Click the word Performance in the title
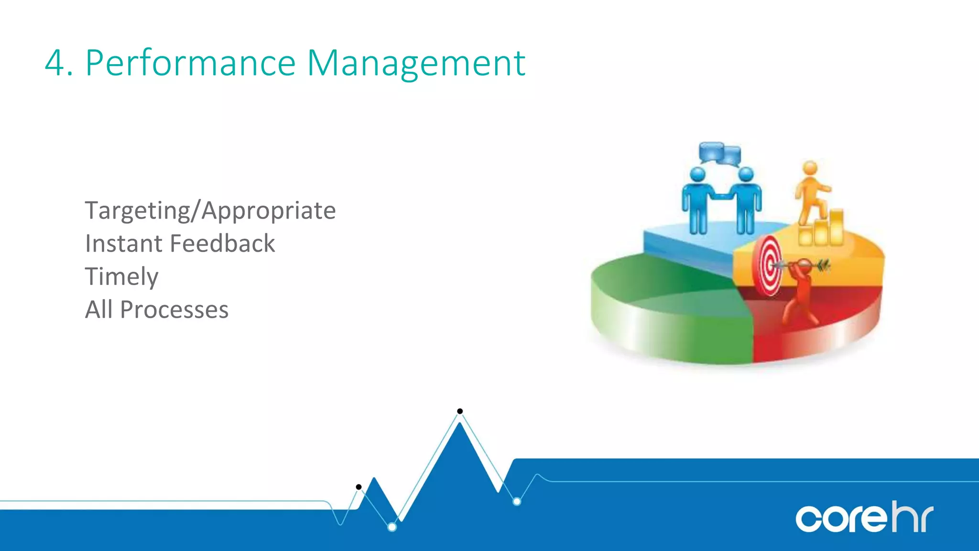click(x=190, y=63)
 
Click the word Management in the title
click(x=415, y=63)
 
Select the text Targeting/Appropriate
click(x=210, y=211)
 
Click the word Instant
click(x=123, y=243)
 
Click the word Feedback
click(x=222, y=243)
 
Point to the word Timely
click(x=121, y=277)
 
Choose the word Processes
click(x=174, y=309)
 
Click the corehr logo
click(x=864, y=518)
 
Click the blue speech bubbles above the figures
click(x=719, y=154)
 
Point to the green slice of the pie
click(x=669, y=306)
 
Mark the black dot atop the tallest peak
click(x=460, y=411)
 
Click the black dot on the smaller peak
click(x=359, y=487)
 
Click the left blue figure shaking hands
click(x=697, y=201)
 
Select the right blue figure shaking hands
click(x=746, y=201)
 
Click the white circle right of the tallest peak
click(x=517, y=501)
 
